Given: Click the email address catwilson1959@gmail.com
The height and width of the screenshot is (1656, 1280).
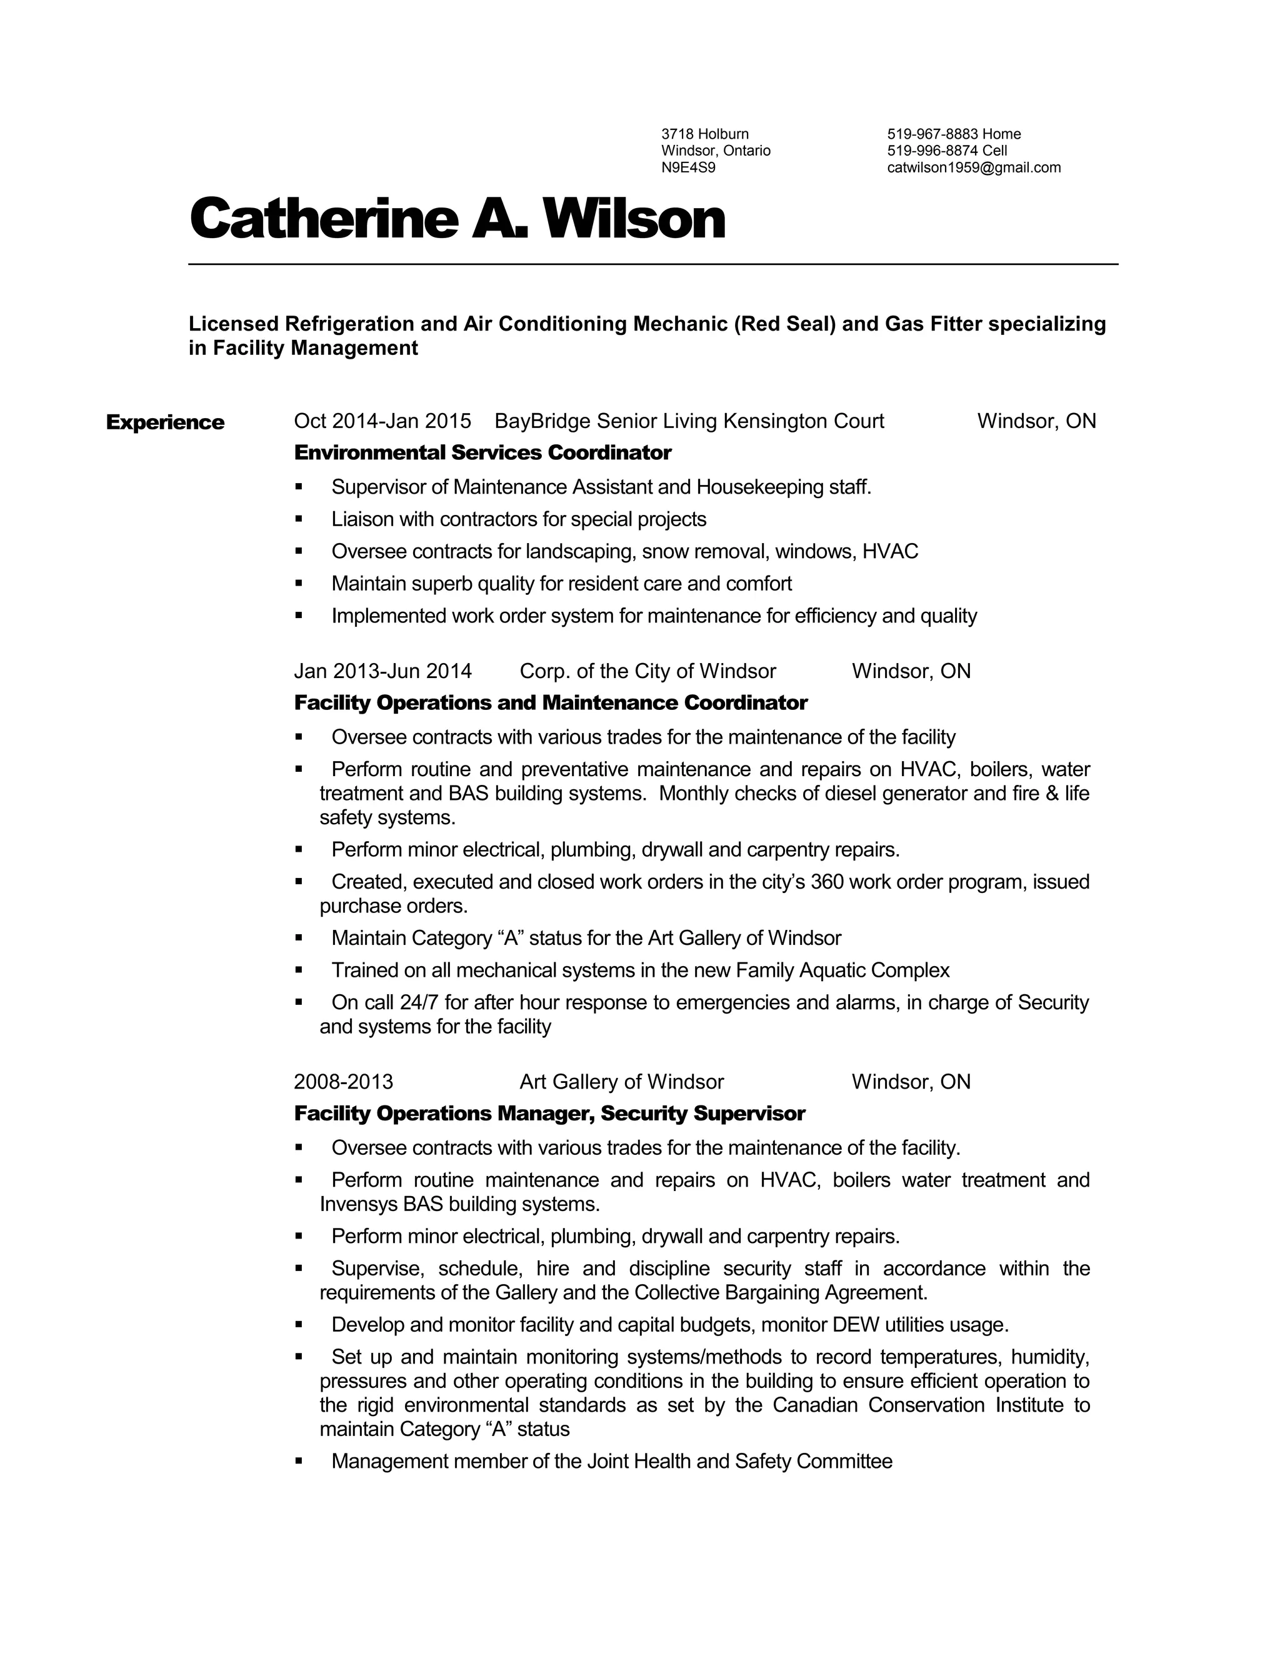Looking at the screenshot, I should tap(974, 167).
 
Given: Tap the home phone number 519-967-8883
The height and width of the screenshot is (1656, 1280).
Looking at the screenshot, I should tap(932, 134).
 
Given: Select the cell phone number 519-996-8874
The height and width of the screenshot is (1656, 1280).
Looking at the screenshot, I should tap(932, 151).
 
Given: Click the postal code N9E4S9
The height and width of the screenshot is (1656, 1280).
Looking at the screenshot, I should tap(687, 167).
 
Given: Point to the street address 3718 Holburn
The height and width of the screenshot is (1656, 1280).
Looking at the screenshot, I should tap(704, 134).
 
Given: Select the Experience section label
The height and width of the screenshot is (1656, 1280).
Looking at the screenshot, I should tap(164, 422).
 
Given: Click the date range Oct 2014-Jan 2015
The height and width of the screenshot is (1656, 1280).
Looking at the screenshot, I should tap(382, 421).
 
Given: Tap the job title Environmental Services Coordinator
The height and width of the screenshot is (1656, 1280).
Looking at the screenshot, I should tap(482, 452).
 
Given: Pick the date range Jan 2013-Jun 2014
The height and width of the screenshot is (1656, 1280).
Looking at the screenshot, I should tap(382, 671).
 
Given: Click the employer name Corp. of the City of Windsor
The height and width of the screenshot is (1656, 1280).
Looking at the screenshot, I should tap(647, 671).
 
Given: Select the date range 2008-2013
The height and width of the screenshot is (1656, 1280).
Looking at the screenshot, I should tap(344, 1081).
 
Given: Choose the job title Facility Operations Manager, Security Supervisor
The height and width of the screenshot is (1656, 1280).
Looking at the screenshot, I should tap(549, 1113).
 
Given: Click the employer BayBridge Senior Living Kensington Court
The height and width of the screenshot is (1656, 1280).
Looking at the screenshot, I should tap(689, 421).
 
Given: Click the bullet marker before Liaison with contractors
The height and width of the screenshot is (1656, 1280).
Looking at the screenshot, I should tap(299, 519).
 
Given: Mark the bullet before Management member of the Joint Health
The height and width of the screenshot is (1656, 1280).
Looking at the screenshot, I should tap(299, 1461).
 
